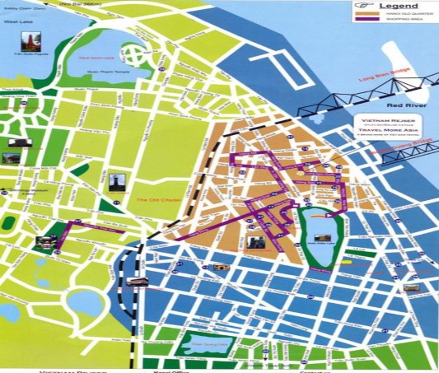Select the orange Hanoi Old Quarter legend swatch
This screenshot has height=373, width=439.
pyautogui.click(x=364, y=19)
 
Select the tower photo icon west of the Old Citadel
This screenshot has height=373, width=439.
pyautogui.click(x=114, y=183)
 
